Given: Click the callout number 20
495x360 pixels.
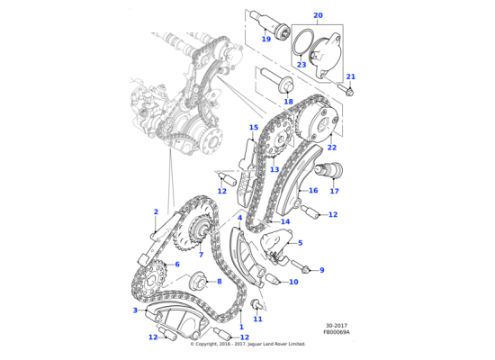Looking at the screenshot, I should click(x=318, y=15).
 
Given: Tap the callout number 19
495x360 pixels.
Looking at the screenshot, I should click(x=265, y=39).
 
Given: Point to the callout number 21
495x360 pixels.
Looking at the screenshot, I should click(x=351, y=76).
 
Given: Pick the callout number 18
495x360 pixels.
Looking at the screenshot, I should click(x=288, y=102).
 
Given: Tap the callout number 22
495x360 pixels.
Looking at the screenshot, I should click(x=331, y=147).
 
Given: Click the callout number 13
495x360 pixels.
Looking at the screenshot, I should click(x=274, y=168).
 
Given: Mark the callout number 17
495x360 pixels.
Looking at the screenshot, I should click(x=334, y=191).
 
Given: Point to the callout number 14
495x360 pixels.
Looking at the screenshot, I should click(x=285, y=221).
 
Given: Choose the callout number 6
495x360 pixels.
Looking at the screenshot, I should click(x=177, y=264).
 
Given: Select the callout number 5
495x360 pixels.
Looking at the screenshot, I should click(x=300, y=243).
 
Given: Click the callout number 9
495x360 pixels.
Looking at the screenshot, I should click(x=321, y=269).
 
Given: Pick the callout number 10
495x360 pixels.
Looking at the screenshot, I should click(x=293, y=282).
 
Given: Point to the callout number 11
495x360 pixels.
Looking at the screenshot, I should click(x=257, y=319).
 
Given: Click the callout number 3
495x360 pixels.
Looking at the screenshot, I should click(x=135, y=310).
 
